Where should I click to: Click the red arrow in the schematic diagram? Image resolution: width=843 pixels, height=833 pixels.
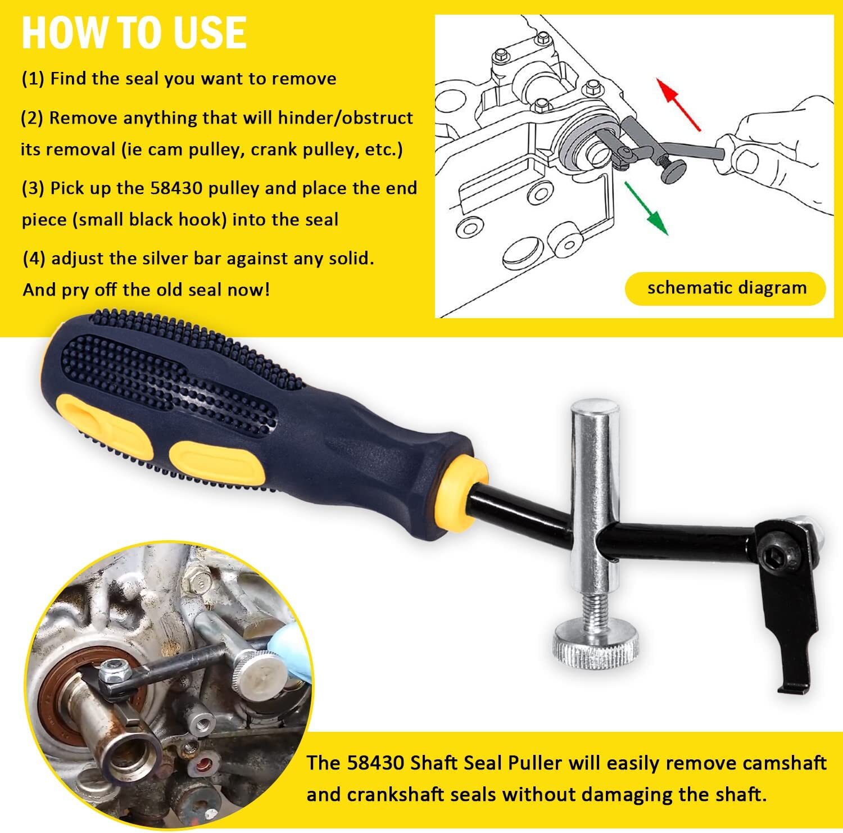click(681, 104)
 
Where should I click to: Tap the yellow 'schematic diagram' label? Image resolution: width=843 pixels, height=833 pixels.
click(726, 288)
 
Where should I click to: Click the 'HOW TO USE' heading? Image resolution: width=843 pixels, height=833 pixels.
click(134, 33)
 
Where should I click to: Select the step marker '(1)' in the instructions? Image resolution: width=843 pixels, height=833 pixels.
click(33, 79)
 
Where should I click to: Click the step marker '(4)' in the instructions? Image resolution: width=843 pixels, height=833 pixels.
click(34, 259)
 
